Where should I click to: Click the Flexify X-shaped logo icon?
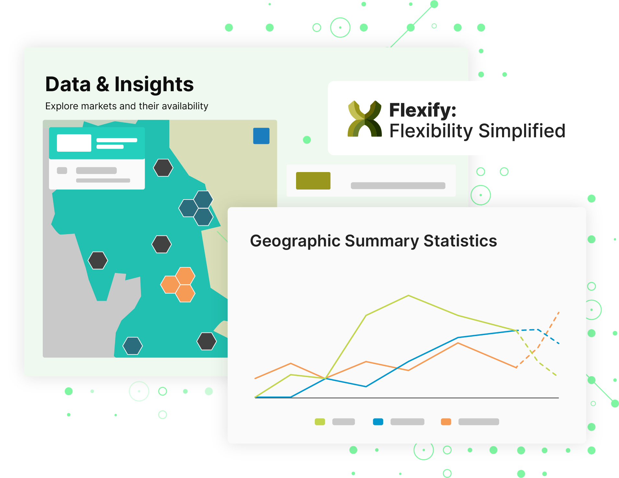point(365,119)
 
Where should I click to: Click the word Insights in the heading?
point(154,84)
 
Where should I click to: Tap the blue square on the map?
point(261,136)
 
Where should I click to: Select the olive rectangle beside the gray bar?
point(313,181)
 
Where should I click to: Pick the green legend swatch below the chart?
point(320,422)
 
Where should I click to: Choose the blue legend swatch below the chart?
point(378,422)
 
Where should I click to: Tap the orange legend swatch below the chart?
point(446,422)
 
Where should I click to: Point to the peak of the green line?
point(408,295)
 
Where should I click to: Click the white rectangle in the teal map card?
point(74,143)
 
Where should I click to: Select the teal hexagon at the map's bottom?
point(132,346)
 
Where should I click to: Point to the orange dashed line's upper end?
point(559,312)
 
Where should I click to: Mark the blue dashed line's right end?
point(559,343)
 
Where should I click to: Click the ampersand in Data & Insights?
point(103,84)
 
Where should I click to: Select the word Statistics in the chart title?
point(460,241)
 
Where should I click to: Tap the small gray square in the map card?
point(62,170)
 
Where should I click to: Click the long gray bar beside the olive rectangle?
point(398,186)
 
